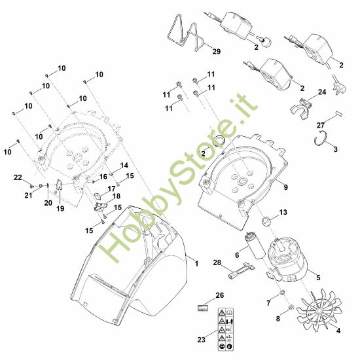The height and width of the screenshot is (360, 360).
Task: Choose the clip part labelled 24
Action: [x=301, y=104]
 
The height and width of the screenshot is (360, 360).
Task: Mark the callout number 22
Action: [x=18, y=177]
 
